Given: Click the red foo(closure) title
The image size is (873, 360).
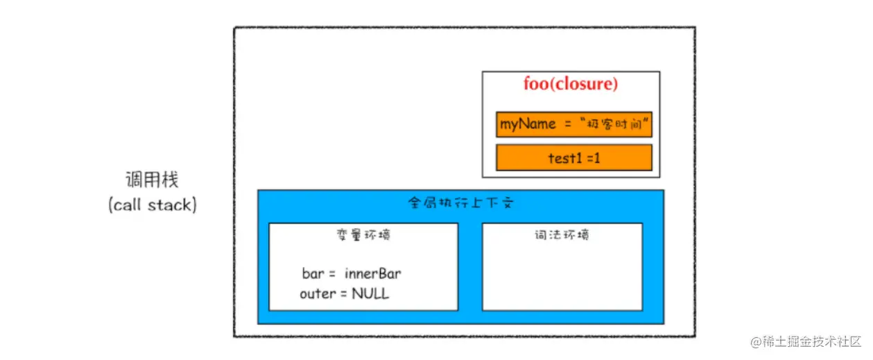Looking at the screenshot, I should coord(571,85).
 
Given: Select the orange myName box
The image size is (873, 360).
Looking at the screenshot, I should coord(574,124).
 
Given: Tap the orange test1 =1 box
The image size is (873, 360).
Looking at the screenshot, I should coord(574,157).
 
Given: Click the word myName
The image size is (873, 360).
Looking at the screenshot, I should coord(528,124).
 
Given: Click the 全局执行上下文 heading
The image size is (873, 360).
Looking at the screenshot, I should coord(460,204).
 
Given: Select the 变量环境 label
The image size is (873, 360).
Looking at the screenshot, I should coord(363,234).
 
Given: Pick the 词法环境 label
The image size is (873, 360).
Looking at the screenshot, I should coord(562,234).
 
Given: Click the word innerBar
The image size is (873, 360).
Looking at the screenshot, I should coord(372,273).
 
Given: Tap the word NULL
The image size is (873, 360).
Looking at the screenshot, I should coord(370,293).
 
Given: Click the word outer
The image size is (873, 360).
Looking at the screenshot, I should coord(317,294).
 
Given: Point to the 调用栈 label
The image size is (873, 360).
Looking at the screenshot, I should coord(152,180).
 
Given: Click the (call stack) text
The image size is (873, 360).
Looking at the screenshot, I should coord(153,205).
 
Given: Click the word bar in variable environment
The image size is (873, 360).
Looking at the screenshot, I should coord(313,273).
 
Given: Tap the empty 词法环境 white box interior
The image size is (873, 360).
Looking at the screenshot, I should coord(562,277).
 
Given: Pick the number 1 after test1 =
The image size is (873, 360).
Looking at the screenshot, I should coord(597,158).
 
